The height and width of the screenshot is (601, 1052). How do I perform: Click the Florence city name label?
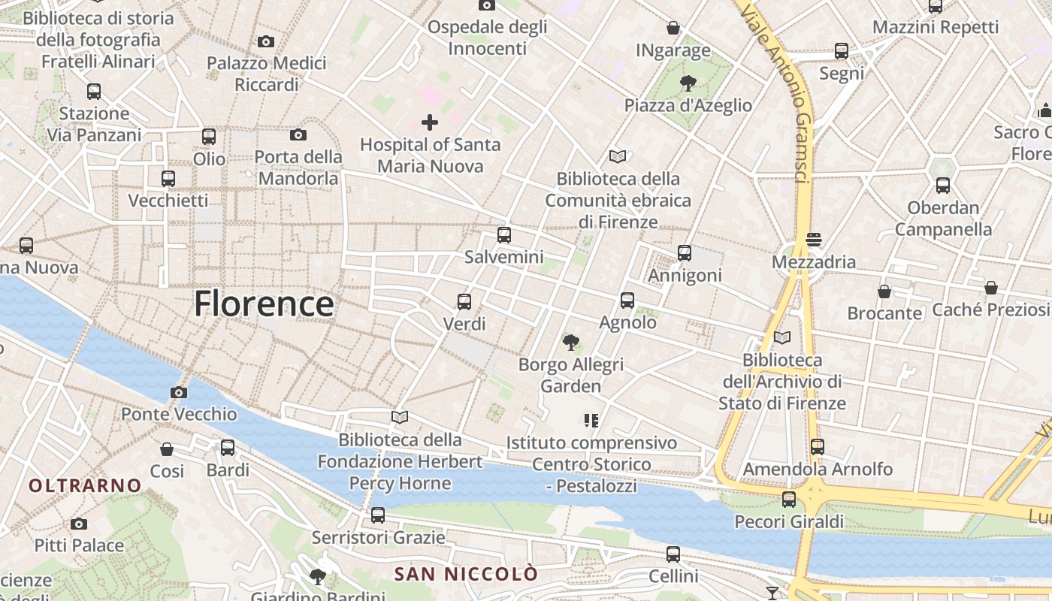(x=264, y=304)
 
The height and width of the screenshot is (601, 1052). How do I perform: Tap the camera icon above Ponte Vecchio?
(x=179, y=392)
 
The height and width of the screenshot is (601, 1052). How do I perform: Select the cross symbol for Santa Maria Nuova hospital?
(x=430, y=122)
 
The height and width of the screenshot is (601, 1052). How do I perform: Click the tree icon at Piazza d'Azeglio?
(x=688, y=83)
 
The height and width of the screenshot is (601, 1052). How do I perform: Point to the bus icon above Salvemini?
(x=504, y=234)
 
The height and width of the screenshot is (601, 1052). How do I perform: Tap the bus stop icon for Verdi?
(x=464, y=302)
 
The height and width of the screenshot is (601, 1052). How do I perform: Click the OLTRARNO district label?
(x=86, y=485)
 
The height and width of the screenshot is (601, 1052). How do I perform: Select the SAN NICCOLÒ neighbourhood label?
(x=466, y=575)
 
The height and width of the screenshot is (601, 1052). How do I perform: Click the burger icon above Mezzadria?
(x=814, y=240)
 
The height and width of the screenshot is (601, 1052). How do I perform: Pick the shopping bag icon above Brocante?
(x=884, y=291)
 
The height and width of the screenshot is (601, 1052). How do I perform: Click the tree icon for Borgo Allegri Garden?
(x=571, y=343)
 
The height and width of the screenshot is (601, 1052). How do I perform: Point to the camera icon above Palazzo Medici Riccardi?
(x=265, y=41)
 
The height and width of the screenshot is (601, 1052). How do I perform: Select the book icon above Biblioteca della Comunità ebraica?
(x=618, y=156)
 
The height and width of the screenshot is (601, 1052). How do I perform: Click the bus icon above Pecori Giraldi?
(x=789, y=499)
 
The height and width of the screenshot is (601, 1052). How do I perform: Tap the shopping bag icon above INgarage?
(x=673, y=28)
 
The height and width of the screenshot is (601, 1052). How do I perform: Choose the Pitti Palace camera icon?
(x=79, y=524)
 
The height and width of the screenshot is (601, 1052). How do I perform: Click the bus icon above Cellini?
(x=673, y=554)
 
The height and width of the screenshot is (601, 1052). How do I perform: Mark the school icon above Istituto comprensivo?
(x=591, y=420)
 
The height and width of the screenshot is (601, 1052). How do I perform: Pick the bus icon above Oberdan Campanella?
(x=943, y=185)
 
